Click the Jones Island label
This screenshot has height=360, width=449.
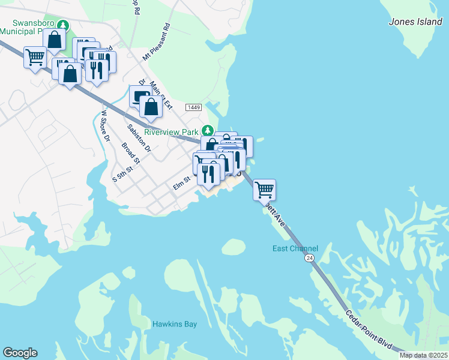[x=415, y=22]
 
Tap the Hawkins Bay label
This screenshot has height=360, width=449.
[x=174, y=324]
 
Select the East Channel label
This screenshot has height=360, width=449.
[x=295, y=248]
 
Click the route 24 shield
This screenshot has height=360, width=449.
[x=309, y=257]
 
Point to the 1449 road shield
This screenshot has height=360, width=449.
[x=193, y=107]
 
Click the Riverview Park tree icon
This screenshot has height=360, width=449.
[x=207, y=130]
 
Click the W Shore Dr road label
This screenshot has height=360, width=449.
[x=106, y=125]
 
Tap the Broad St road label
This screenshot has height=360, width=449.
[x=130, y=153]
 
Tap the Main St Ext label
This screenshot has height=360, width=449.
[x=161, y=95]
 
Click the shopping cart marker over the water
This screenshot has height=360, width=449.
[x=264, y=189]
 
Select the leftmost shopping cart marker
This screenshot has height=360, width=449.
[x=35, y=58]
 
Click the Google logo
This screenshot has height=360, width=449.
[x=20, y=353]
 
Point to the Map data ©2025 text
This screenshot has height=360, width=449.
[x=423, y=356]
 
